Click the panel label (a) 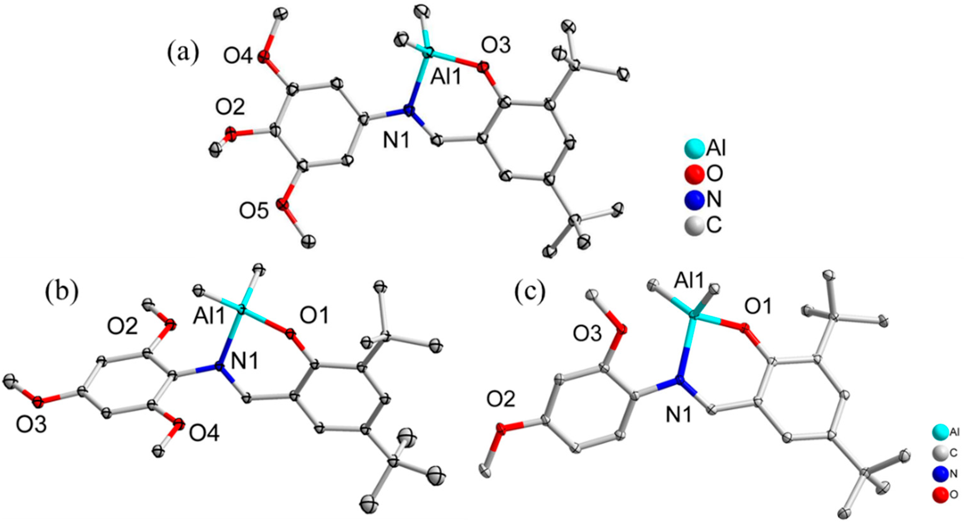(183, 54)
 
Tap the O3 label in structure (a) (495, 46)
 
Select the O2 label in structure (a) (230, 108)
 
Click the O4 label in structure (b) (204, 434)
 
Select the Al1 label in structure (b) (209, 317)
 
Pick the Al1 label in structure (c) (689, 281)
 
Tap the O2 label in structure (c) (501, 400)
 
